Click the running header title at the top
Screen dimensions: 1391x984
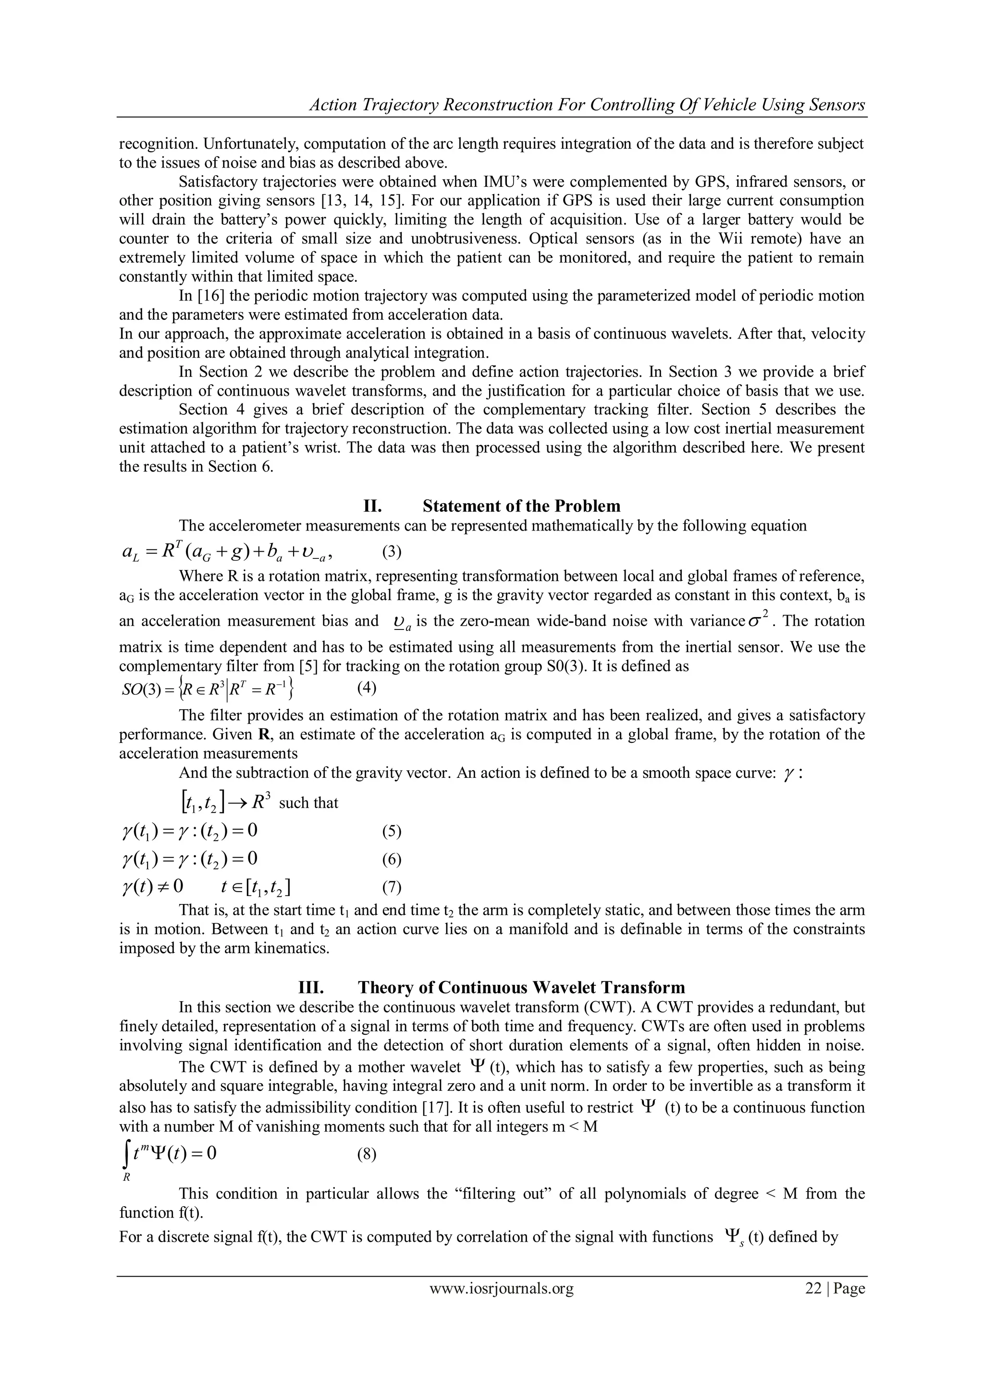tap(587, 105)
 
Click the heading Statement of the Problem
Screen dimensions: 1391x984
tap(521, 506)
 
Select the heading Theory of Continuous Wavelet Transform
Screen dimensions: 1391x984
tap(521, 988)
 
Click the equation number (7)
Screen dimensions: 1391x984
tap(392, 887)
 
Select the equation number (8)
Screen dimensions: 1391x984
tap(366, 1154)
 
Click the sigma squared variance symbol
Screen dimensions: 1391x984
tap(758, 620)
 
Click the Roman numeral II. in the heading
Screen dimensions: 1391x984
tap(372, 506)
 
